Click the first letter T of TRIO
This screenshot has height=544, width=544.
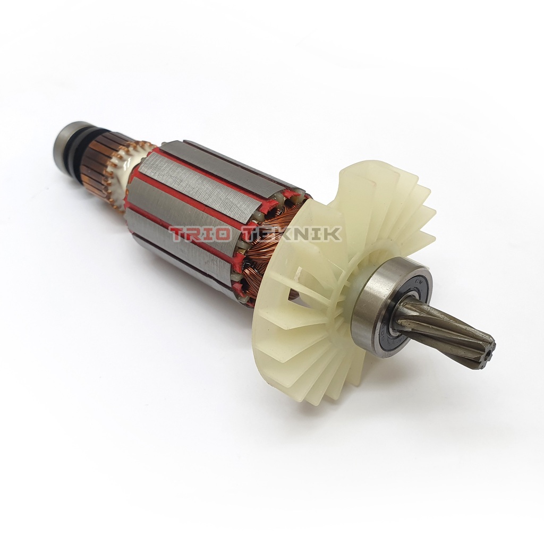click(178, 234)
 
